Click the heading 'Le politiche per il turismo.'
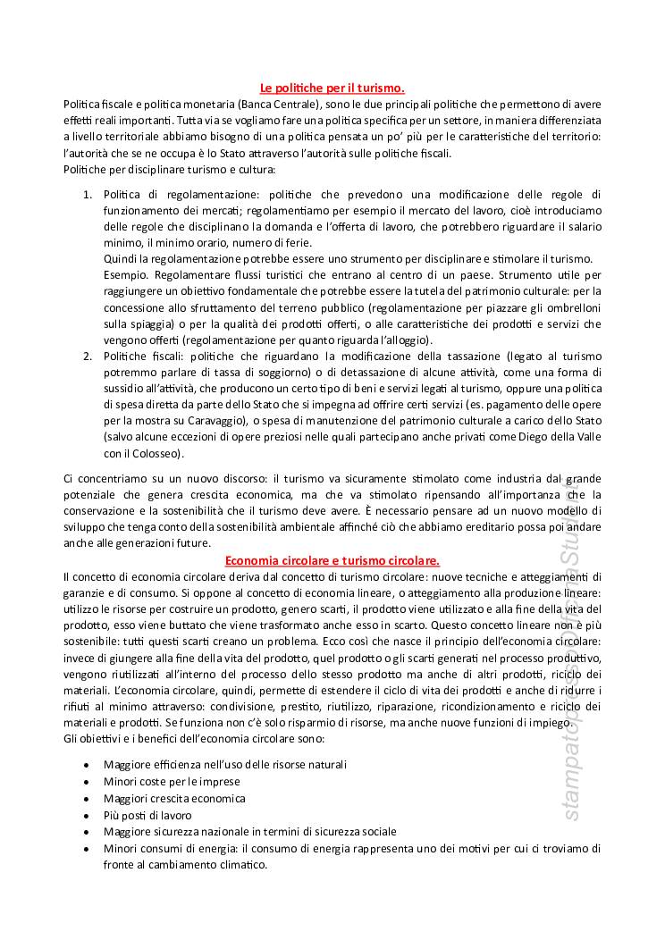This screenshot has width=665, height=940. coord(332,88)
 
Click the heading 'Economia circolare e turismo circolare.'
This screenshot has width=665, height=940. coord(332,560)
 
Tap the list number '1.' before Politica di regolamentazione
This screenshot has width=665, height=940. coord(88,194)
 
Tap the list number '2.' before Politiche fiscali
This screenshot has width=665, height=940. coord(88,356)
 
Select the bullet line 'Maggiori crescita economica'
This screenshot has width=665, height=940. coord(174,798)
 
